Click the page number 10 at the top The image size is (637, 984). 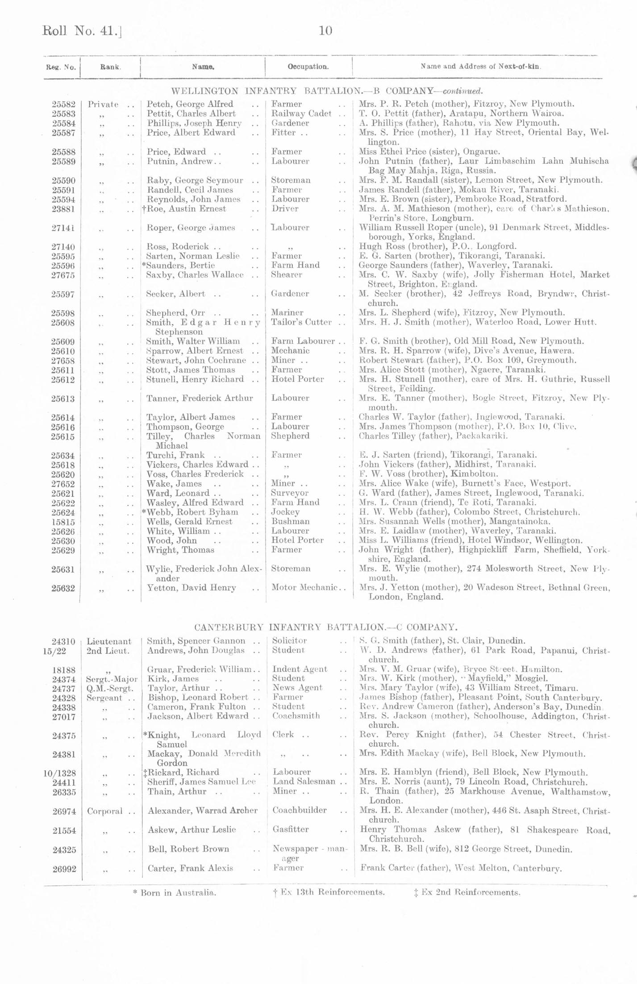pos(325,31)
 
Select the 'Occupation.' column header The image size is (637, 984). pos(308,67)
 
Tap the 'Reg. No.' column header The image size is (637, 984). pos(61,67)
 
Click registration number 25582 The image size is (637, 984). pos(63,104)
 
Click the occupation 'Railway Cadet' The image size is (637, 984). pos(301,114)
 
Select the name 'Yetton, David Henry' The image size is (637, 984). pos(192,588)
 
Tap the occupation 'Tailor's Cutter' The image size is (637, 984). pos(301,322)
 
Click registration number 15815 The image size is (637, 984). pos(63,522)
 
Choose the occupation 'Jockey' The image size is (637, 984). pos(285,512)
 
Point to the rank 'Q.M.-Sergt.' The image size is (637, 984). pos(110,688)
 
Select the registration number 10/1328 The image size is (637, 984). pos(59,772)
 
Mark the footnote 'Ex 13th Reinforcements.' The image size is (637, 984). pos(329,892)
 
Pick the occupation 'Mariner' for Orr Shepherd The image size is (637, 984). pos(287,312)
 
